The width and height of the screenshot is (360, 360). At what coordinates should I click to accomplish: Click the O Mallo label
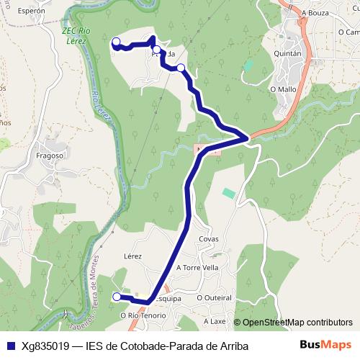tap(282, 89)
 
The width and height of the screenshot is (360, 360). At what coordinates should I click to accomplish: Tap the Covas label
tap(209, 239)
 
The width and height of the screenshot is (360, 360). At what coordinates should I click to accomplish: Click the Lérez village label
tap(132, 256)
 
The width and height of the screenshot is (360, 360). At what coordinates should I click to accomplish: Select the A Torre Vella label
tap(197, 267)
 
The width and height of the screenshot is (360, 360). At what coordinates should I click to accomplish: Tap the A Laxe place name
tap(215, 321)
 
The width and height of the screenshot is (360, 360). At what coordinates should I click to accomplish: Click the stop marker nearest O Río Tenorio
tap(117, 297)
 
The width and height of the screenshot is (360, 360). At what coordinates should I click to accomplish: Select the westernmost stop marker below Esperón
tap(116, 42)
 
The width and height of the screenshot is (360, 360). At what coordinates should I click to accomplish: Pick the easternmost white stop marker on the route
tap(181, 68)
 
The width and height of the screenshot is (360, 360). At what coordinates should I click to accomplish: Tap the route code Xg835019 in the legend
tap(45, 346)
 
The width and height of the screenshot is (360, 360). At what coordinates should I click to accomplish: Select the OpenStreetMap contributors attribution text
tap(297, 323)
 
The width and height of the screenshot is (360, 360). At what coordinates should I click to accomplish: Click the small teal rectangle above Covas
tap(228, 193)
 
